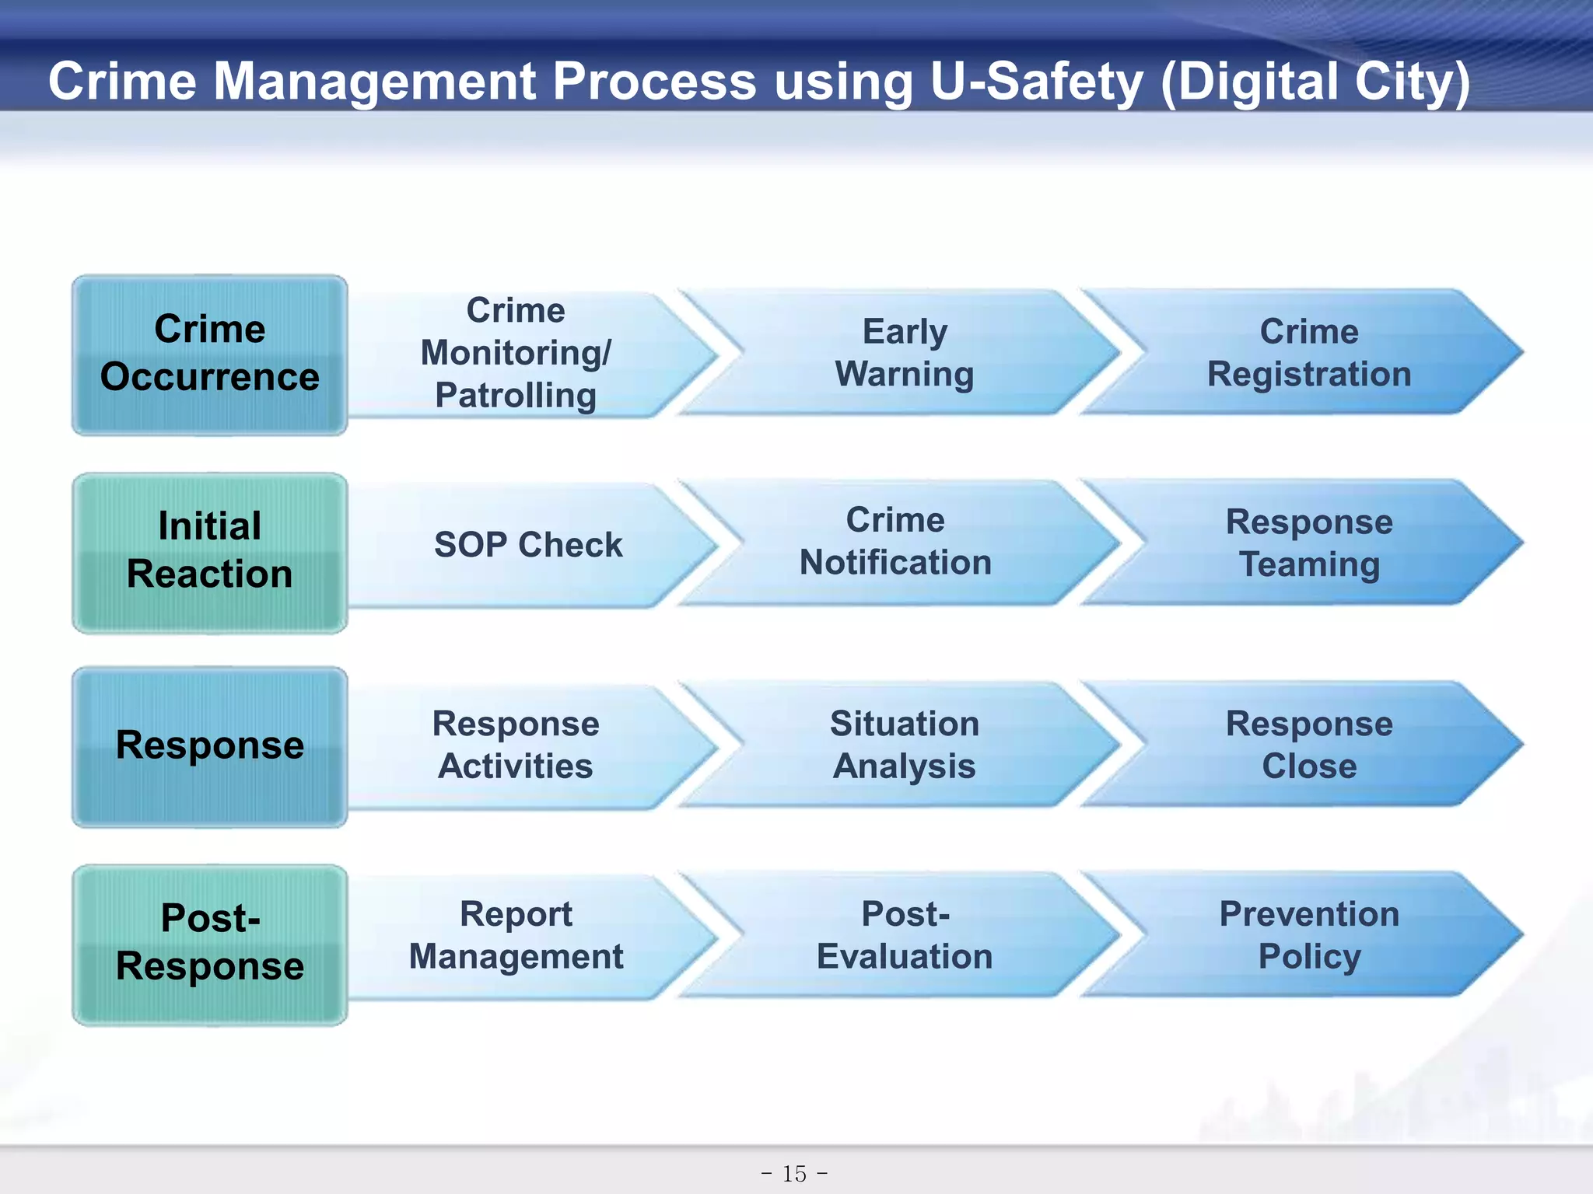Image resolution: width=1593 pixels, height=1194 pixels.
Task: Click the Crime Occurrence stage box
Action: coord(210,354)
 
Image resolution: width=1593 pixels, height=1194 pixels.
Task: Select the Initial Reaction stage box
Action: coord(210,552)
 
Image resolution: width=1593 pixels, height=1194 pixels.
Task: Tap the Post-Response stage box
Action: coord(210,944)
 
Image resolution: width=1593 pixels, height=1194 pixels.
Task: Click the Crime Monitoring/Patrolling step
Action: coord(516,353)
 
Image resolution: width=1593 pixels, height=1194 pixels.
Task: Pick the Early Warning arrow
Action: coord(904,353)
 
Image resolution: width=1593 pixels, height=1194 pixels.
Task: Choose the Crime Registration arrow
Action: coord(1308,353)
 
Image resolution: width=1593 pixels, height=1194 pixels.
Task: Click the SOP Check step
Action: coord(528,545)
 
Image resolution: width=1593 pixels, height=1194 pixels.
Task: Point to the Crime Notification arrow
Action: coord(896,542)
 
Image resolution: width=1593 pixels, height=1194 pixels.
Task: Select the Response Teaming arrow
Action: coord(1308,543)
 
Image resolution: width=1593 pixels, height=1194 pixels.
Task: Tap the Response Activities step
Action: coord(516,745)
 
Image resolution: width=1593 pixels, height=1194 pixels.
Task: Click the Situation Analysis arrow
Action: coord(904,745)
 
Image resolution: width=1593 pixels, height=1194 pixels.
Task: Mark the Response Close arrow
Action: coord(1308,745)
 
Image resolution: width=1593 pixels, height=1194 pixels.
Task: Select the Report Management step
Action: coord(516,935)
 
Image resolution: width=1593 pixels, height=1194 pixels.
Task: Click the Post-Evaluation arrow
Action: coord(904,935)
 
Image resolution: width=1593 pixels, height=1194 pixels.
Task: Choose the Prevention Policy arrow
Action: coord(1308,935)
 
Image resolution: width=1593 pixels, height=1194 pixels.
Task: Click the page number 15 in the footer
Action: coord(795,1173)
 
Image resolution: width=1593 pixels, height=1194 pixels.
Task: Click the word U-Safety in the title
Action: coord(1036,82)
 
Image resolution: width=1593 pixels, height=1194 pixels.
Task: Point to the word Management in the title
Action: coord(375,82)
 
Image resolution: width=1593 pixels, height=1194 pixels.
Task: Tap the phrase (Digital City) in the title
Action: coord(1315,82)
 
